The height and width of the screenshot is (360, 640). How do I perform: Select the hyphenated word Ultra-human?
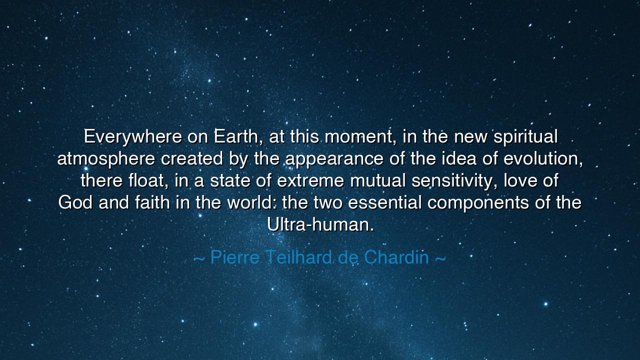320,225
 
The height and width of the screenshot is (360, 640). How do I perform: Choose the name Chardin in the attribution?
396,257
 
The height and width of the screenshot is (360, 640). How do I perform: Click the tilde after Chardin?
440,258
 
